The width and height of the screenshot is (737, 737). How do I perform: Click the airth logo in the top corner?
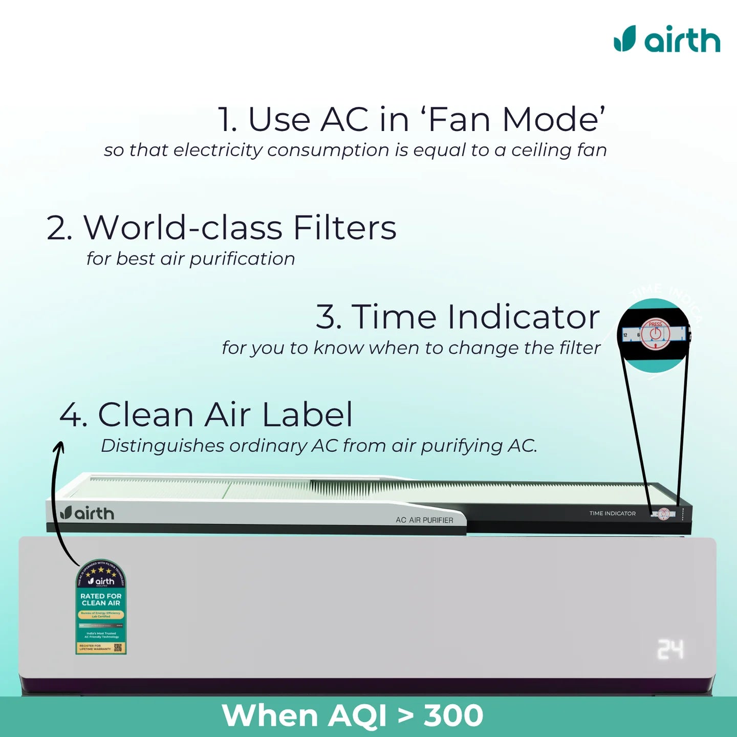point(667,39)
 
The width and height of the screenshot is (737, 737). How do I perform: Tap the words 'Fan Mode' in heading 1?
point(516,120)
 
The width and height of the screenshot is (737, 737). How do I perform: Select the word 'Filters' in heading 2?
point(344,228)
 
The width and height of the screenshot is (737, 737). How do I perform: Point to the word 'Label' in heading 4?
point(308,415)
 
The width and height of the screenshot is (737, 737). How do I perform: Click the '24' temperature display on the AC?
point(670,649)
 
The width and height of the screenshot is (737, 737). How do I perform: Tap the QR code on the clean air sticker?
point(119,647)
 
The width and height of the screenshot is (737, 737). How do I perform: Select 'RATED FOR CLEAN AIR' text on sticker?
point(101,599)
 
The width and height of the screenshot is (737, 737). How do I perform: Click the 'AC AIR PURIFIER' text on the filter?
point(424,520)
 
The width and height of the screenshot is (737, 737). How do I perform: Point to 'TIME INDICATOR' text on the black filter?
point(612,513)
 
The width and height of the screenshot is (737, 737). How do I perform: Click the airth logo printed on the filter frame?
point(87,513)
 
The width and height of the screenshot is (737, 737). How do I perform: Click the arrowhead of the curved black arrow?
point(59,446)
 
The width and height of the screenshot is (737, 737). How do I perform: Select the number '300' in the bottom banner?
point(453,716)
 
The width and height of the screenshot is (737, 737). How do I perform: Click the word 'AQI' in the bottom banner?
point(357,716)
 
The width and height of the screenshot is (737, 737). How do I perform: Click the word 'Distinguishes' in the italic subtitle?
point(162,446)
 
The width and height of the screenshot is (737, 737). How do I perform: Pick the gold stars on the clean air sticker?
point(101,570)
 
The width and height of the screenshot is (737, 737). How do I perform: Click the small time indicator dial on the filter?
point(663,514)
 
